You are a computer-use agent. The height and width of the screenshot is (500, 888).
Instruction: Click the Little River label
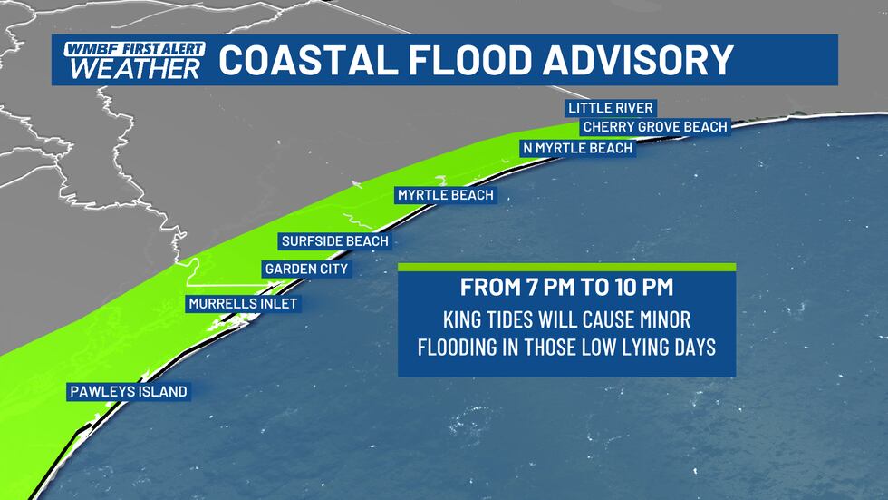[610, 108]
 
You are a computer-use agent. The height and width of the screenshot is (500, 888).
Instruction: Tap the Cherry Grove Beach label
[655, 127]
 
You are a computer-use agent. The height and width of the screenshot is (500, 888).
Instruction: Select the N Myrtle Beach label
[577, 148]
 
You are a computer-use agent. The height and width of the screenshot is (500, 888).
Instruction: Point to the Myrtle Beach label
[446, 195]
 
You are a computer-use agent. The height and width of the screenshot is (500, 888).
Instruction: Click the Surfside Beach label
[334, 241]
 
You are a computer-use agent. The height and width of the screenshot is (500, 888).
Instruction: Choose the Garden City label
[305, 270]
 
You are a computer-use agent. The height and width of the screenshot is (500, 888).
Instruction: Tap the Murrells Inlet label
[242, 304]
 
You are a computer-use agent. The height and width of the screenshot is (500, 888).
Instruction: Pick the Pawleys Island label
[127, 392]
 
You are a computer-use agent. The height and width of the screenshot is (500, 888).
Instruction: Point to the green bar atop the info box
[566, 267]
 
